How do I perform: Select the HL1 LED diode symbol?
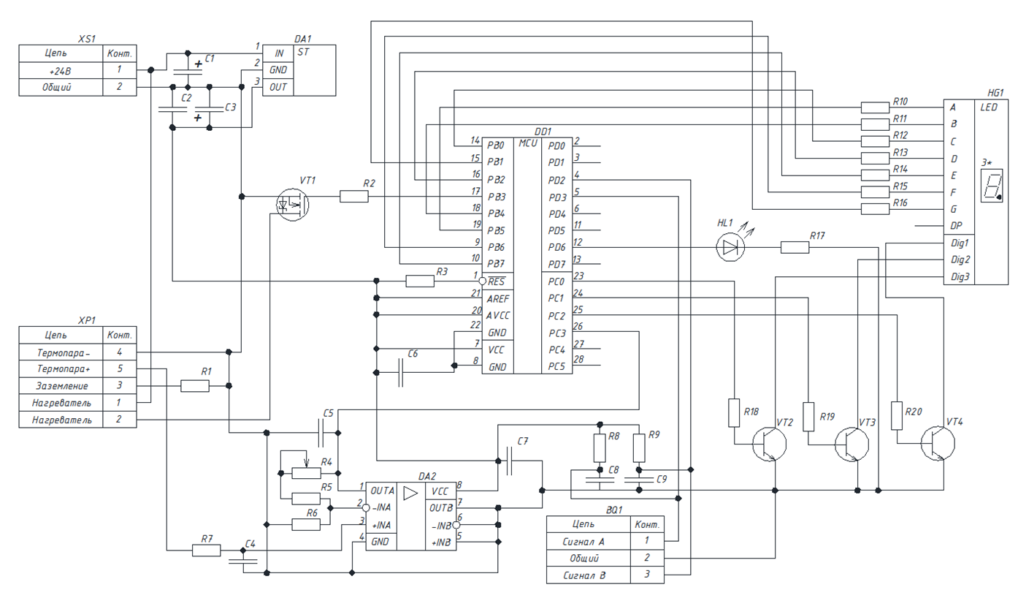[730, 247]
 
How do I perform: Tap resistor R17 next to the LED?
[795, 247]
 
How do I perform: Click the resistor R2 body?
[354, 196]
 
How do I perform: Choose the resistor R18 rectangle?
[735, 412]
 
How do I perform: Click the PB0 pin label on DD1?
[496, 145]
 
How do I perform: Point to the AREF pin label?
[499, 299]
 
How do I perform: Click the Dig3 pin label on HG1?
[960, 276]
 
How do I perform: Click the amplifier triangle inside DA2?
[410, 492]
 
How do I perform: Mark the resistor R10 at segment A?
[875, 107]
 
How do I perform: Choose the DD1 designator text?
[543, 131]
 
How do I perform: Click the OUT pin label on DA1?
[279, 87]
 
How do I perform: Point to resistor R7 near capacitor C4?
[206, 550]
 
